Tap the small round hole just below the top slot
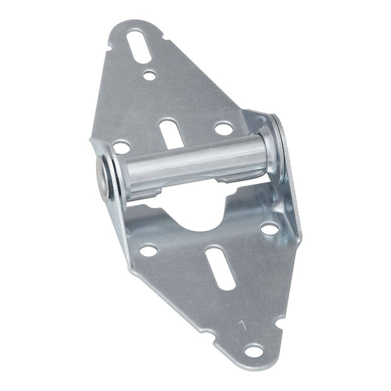(149, 76)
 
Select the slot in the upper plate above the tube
(169, 130)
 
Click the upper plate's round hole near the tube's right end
(223, 129)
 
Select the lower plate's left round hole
(148, 250)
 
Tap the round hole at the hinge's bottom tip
(254, 351)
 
